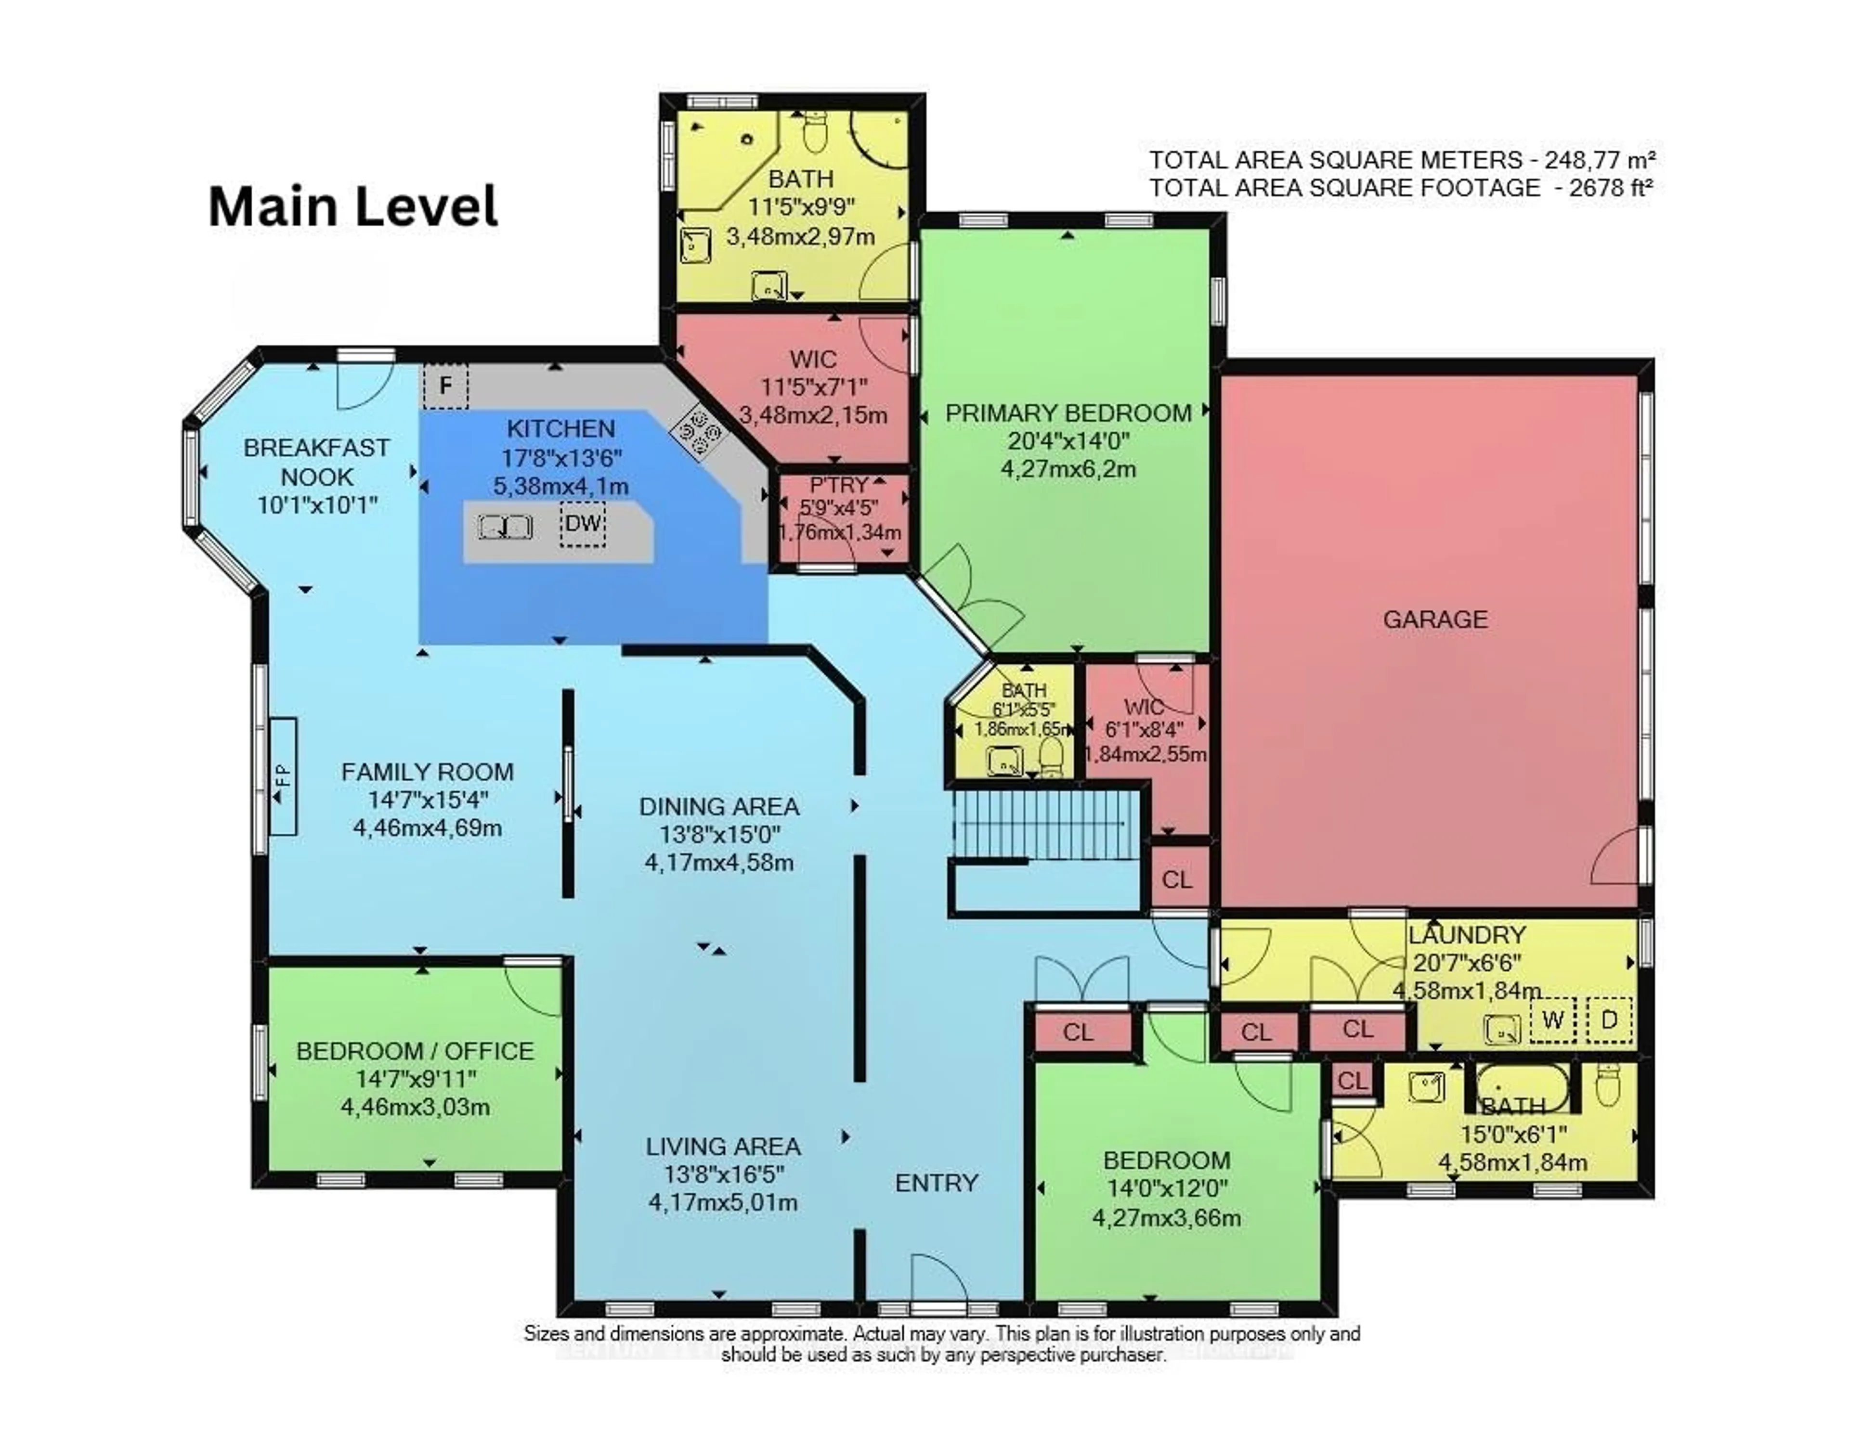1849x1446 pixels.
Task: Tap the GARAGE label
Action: pos(1435,619)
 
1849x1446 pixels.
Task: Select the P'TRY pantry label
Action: pos(839,485)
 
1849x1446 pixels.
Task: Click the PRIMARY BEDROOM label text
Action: pos(1068,413)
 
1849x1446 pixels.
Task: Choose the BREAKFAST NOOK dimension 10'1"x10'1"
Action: pos(317,505)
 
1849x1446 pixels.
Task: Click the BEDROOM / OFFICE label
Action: pos(415,1051)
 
